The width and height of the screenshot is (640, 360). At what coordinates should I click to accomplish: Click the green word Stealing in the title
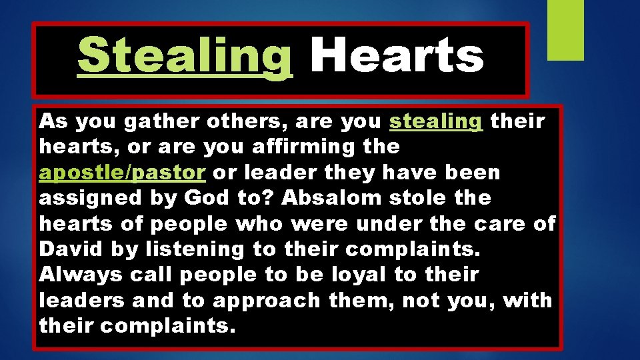pos(185,56)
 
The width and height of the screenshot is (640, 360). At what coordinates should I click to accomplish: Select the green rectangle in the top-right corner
pos(565,30)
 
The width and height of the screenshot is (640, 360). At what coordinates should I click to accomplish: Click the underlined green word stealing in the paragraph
pos(436,122)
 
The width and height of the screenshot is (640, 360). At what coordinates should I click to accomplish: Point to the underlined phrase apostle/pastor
pos(122,173)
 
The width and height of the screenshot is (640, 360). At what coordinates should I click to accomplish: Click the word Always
pos(81,274)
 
